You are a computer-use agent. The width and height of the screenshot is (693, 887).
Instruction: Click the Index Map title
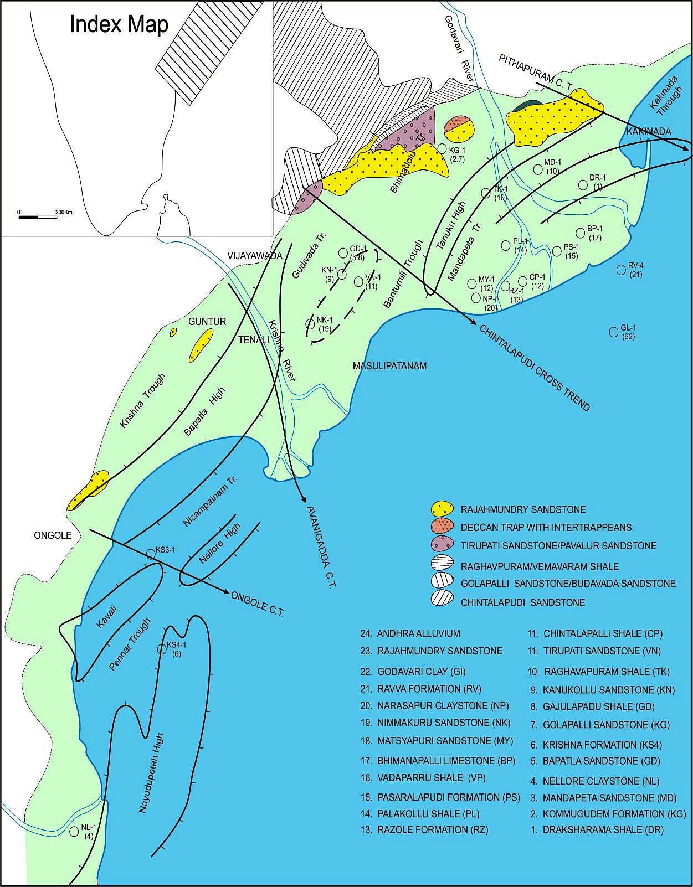click(x=119, y=25)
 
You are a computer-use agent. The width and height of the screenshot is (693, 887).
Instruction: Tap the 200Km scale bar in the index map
click(x=38, y=216)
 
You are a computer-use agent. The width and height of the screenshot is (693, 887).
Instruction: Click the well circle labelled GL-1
click(x=613, y=332)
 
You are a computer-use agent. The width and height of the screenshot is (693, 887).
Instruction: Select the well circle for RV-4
click(x=621, y=270)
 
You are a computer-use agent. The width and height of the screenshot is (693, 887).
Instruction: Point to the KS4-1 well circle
click(x=162, y=649)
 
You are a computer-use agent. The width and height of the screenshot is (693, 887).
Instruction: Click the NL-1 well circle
click(x=74, y=832)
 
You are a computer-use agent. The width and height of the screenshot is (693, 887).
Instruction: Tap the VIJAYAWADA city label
click(x=254, y=256)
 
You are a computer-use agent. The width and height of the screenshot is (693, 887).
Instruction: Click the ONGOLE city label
click(x=52, y=535)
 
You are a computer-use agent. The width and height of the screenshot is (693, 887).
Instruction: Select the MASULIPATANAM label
click(x=389, y=366)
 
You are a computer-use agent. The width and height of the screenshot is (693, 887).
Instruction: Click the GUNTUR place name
click(x=207, y=321)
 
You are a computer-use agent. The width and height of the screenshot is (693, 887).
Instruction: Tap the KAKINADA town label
click(x=648, y=131)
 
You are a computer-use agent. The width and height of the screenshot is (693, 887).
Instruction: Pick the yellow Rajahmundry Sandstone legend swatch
click(x=443, y=509)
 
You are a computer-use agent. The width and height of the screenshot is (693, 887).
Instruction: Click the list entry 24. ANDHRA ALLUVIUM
click(x=410, y=633)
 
